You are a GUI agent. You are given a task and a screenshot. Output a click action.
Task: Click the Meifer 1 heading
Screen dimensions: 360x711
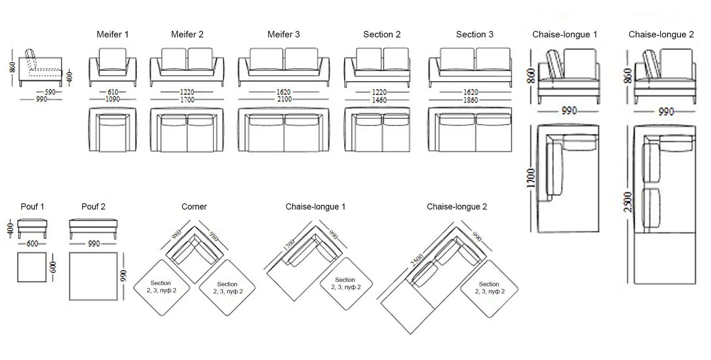click(112, 35)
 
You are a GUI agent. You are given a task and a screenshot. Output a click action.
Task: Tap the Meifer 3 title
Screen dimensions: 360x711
click(284, 35)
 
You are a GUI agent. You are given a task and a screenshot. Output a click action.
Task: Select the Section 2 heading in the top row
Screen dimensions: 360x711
click(382, 35)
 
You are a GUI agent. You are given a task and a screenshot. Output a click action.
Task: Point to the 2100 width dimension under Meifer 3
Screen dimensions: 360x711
click(284, 99)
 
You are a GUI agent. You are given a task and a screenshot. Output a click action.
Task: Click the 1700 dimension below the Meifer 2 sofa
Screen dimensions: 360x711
click(187, 100)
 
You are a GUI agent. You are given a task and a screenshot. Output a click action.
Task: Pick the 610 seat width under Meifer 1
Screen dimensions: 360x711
click(113, 92)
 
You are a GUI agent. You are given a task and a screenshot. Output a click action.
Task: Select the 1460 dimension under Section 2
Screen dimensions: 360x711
click(379, 100)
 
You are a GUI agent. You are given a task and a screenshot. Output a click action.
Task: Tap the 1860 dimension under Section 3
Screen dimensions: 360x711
click(470, 100)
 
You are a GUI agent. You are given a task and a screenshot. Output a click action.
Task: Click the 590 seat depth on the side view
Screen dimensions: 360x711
click(50, 92)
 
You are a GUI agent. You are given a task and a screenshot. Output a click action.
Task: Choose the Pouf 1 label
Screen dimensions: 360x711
click(32, 207)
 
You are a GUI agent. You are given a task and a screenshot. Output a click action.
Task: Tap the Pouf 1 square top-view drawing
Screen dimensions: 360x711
click(32, 267)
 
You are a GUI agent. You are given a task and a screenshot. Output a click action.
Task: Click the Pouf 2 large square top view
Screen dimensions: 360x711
click(93, 276)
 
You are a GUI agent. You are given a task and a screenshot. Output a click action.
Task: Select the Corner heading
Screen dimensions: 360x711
click(194, 207)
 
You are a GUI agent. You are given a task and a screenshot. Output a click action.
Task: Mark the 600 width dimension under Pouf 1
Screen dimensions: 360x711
click(32, 244)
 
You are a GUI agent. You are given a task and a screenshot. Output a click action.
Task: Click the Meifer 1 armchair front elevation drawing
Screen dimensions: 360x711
click(113, 67)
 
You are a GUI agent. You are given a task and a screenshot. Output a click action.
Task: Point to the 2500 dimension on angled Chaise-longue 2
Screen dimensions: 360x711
click(417, 260)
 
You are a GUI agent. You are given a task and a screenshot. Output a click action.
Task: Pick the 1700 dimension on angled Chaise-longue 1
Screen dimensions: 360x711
click(289, 245)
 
